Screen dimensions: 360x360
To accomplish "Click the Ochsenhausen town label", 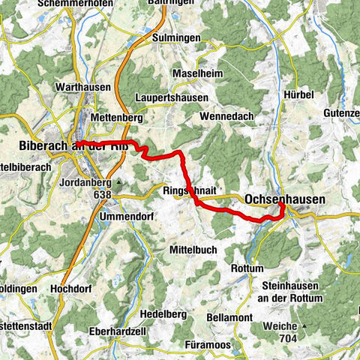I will [285, 199].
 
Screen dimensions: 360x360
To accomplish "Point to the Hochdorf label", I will [72, 287].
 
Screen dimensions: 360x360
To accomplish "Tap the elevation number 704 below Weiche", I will [286, 339].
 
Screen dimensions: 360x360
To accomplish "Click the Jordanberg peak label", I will [85, 181].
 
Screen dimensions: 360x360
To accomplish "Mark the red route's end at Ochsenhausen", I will [280, 202].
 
